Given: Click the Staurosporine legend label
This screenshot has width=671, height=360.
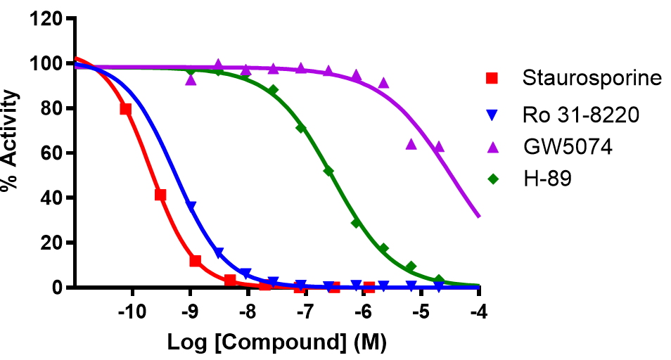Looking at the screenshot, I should click(592, 78).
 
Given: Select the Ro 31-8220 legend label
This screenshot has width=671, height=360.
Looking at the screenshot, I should click(581, 114).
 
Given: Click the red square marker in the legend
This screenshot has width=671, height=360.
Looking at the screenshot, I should click(493, 78).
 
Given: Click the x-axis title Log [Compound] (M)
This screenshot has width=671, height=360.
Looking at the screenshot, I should click(276, 342).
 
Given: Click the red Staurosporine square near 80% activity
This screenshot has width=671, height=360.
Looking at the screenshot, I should click(126, 109).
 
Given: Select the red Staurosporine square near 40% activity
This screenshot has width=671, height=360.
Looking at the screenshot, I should click(160, 195).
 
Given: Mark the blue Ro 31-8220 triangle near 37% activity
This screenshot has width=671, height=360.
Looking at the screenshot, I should click(191, 206).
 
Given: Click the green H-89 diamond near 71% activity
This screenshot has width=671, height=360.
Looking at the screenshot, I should click(301, 128).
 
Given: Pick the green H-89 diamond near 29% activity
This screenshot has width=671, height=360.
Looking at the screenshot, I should click(356, 222).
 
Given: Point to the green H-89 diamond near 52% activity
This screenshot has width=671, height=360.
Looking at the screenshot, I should click(328, 171).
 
